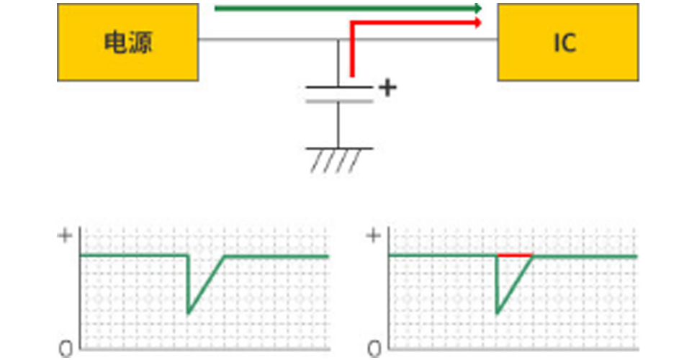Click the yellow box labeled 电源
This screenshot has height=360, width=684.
(127, 42)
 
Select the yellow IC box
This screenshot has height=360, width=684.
(567, 42)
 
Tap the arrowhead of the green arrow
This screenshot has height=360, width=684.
(477, 8)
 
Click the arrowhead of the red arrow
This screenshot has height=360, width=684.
(477, 22)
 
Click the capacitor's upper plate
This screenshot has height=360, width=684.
(339, 87)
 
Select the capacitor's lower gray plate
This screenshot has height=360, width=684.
(339, 101)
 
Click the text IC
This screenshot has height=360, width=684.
(564, 43)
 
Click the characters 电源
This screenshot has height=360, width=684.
(127, 42)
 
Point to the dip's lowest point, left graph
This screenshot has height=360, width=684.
(188, 312)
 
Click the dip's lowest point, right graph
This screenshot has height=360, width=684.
(497, 312)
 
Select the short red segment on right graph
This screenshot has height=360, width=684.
(515, 255)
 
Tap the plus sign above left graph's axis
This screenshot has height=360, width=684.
(65, 236)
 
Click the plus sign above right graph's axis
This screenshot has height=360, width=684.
(374, 236)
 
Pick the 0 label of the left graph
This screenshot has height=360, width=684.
(66, 350)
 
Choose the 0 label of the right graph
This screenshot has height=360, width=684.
(374, 350)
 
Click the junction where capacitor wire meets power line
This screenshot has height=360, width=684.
(339, 40)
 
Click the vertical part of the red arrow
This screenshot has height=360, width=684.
(351, 50)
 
